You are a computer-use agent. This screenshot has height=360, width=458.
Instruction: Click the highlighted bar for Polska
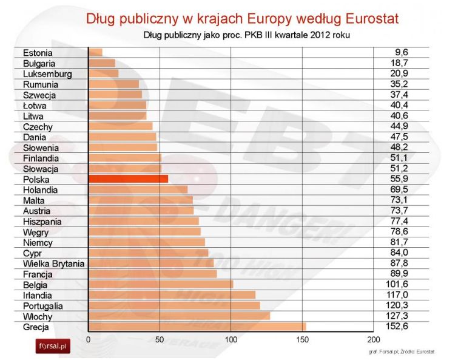click(128, 179)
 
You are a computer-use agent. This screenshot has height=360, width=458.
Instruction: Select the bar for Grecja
click(197, 327)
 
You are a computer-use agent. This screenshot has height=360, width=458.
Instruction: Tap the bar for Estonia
click(95, 53)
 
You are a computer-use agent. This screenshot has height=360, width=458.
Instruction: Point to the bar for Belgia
click(161, 285)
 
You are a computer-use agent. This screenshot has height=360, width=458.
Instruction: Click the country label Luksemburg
click(47, 74)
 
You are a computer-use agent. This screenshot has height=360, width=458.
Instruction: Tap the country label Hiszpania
click(42, 222)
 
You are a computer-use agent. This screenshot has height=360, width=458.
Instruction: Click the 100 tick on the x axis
click(231, 339)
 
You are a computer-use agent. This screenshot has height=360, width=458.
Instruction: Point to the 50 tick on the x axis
click(160, 339)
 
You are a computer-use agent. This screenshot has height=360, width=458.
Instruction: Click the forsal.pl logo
click(52, 347)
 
